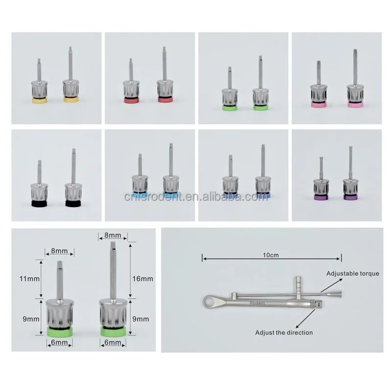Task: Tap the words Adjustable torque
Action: coord(353,274)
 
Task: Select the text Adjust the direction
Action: coord(284,332)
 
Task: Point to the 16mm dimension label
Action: coord(143,278)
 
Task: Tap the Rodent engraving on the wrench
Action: coord(259,303)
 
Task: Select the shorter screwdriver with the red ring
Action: coord(131,86)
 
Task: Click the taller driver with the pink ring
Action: coord(354,83)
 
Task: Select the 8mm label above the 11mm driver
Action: coord(60,251)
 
